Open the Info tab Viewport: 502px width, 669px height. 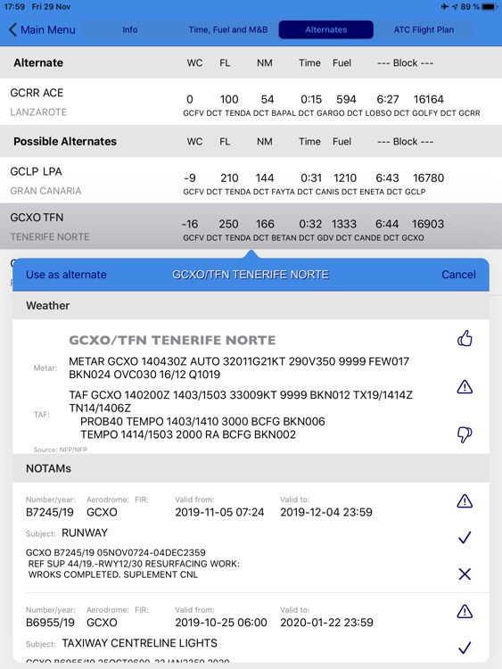[x=130, y=29]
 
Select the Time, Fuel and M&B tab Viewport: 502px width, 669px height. [x=229, y=29]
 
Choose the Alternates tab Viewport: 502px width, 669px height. [x=326, y=29]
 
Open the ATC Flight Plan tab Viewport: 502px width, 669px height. [x=424, y=29]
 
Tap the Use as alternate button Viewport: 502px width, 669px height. [x=66, y=275]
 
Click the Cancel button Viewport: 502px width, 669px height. [x=458, y=275]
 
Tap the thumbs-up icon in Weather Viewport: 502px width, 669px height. [x=464, y=339]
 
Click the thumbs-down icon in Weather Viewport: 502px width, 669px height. [x=464, y=434]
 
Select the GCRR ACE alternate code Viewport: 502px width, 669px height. [x=37, y=93]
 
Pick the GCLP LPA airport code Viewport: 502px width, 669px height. [x=36, y=171]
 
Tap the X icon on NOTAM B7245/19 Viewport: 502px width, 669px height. [x=464, y=574]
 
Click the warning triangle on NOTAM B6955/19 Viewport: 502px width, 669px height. [x=464, y=611]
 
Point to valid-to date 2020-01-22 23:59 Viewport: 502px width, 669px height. [x=326, y=623]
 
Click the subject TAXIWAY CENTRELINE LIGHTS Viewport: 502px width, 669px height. [x=139, y=643]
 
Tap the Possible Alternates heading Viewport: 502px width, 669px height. [x=65, y=141]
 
